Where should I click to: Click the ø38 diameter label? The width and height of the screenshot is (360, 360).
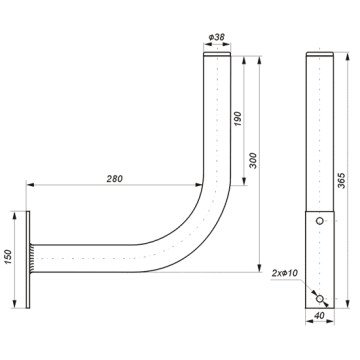click(216, 37)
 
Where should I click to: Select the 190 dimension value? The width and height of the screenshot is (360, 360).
click(237, 119)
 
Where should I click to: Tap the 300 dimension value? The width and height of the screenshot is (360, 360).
click(253, 160)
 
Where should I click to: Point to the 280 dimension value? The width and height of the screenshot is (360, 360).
click(115, 179)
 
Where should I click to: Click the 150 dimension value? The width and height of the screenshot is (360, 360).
click(8, 257)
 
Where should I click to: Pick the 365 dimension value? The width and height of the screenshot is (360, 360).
click(342, 180)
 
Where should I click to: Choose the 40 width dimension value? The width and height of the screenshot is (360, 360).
click(319, 316)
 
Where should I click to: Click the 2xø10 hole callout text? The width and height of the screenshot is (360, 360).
click(285, 273)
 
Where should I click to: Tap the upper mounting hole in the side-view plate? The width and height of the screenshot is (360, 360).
click(319, 221)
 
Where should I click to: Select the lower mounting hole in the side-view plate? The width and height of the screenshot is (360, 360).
click(319, 299)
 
